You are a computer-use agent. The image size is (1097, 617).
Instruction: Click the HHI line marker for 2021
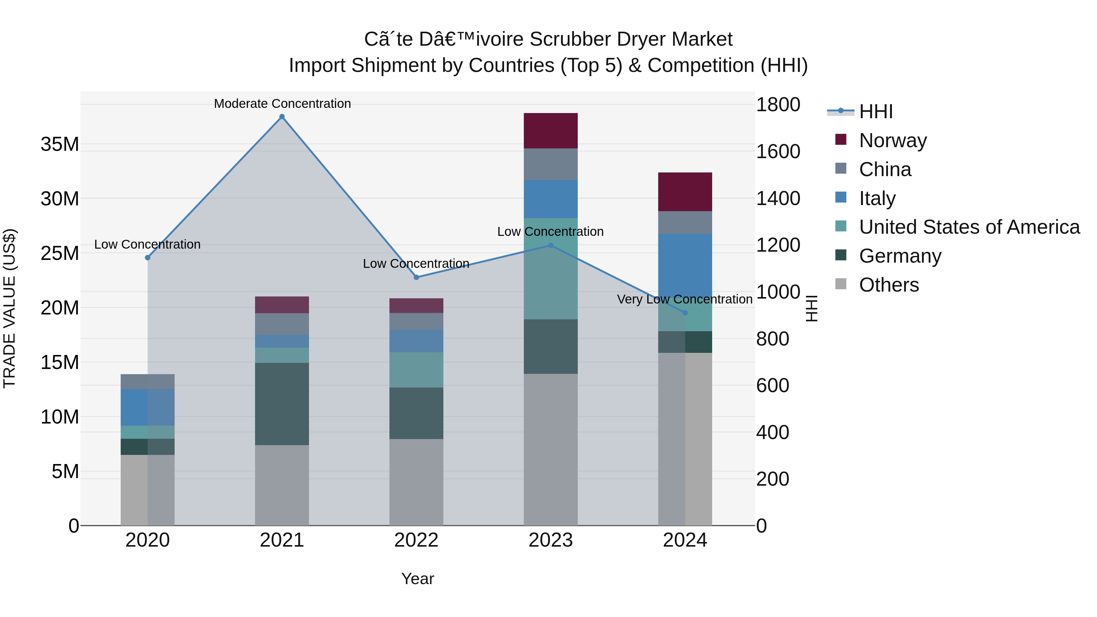click(x=282, y=117)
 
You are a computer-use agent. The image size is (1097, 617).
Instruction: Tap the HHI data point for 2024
click(x=685, y=313)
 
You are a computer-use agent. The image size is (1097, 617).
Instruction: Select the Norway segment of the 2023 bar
click(x=550, y=131)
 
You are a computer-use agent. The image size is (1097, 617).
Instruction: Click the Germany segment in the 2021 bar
click(x=282, y=404)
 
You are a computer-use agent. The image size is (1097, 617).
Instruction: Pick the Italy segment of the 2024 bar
click(x=685, y=264)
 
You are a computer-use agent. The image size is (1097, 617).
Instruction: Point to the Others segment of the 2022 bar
click(x=416, y=482)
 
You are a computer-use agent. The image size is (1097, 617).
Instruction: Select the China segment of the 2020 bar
click(x=147, y=381)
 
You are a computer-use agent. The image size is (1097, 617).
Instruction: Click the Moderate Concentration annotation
click(x=282, y=104)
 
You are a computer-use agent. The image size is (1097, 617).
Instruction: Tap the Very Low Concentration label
click(x=684, y=299)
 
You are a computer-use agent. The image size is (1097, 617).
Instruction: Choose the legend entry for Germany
click(x=900, y=256)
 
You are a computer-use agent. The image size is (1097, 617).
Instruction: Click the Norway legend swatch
click(x=841, y=140)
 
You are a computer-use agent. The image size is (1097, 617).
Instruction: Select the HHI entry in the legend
click(x=875, y=112)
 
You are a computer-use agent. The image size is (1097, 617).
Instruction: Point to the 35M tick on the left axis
click(x=60, y=144)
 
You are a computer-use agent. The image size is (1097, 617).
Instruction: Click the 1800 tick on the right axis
click(x=778, y=105)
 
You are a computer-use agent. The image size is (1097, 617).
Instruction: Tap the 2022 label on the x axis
click(x=416, y=540)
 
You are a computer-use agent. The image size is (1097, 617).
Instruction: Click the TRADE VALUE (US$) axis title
click(x=10, y=308)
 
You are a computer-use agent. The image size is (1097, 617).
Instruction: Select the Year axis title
click(x=417, y=579)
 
